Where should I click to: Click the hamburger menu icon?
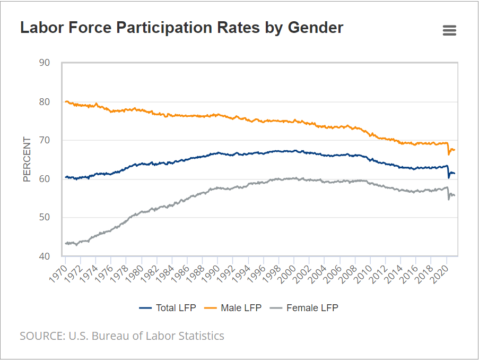[x=449, y=30]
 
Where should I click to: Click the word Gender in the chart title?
[x=315, y=28]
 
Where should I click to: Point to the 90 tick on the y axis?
[x=45, y=63]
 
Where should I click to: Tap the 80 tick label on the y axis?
[x=45, y=101]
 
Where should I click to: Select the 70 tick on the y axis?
[x=45, y=140]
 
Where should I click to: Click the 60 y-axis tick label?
[x=45, y=179]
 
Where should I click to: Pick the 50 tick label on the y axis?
[x=45, y=218]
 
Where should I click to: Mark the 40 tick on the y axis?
[x=45, y=256]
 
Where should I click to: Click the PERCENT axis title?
[x=27, y=159]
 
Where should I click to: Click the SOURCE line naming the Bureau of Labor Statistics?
[x=122, y=336]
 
